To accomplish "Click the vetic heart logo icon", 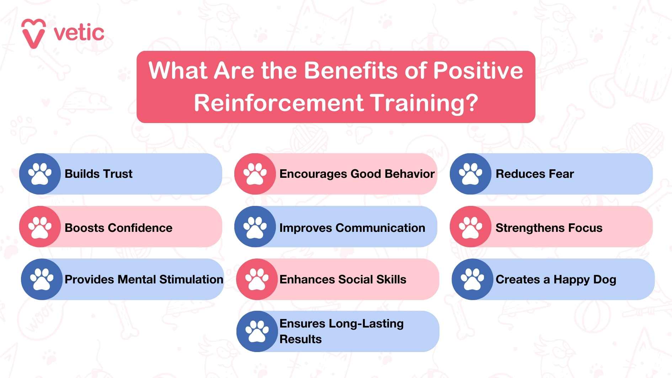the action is pyautogui.click(x=33, y=33).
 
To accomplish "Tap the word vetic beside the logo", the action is pyautogui.click(x=79, y=33).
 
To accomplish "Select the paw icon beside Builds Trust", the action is pyautogui.click(x=40, y=174).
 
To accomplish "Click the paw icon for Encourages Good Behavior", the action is pyautogui.click(x=255, y=174).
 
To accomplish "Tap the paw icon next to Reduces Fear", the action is pyautogui.click(x=470, y=174).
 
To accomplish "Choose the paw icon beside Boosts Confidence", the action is pyautogui.click(x=40, y=227).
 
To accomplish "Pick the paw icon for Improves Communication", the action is pyautogui.click(x=255, y=227).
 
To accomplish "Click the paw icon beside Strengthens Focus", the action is pyautogui.click(x=470, y=227).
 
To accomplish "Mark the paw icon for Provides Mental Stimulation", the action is pyautogui.click(x=42, y=279).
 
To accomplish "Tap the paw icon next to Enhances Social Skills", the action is pyautogui.click(x=257, y=279).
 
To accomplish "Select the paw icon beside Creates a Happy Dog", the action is pyautogui.click(x=472, y=279).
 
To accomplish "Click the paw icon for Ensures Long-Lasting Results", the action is pyautogui.click(x=257, y=331).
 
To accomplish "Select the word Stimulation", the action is pyautogui.click(x=191, y=279).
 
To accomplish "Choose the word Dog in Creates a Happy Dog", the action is pyautogui.click(x=605, y=280).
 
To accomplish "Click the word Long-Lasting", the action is pyautogui.click(x=366, y=324).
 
